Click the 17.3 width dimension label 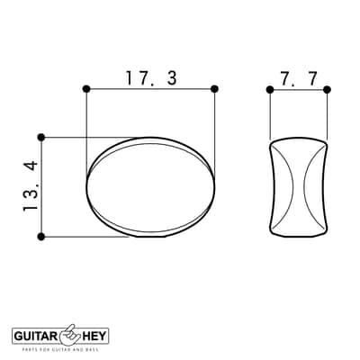tap(151, 78)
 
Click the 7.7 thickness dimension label tap(299, 79)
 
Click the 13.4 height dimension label tap(31, 186)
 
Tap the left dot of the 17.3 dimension tap(86, 89)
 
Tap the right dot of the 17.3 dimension tap(214, 89)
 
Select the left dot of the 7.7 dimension tap(270, 89)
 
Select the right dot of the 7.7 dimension tap(327, 89)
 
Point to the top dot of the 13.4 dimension tap(41, 138)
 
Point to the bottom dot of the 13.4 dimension tap(41, 237)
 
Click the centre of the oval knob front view tap(151, 187)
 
